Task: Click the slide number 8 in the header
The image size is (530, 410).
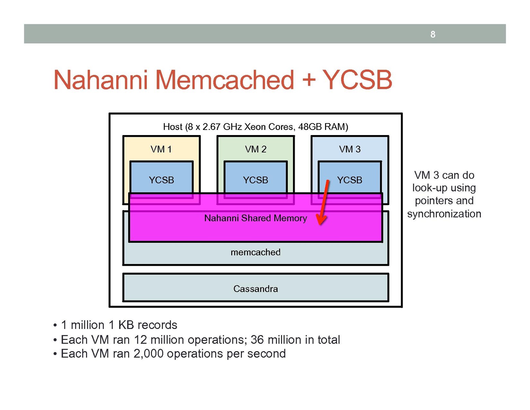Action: coord(433,34)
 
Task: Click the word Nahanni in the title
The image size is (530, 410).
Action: coord(100,80)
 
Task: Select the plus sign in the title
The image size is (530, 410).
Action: coord(308,80)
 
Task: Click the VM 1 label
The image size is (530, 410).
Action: coord(161,149)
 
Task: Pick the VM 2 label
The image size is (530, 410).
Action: coord(255,149)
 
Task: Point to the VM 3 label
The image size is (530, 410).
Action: coord(350,149)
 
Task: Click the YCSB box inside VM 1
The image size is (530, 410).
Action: coord(162,178)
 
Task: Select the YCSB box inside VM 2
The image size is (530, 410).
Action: coord(255,178)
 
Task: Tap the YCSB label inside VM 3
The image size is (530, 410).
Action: coord(350,180)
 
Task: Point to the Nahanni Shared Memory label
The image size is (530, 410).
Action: coord(255,218)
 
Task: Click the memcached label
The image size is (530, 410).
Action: coord(255,252)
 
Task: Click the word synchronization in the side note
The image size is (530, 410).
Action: coord(444,214)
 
